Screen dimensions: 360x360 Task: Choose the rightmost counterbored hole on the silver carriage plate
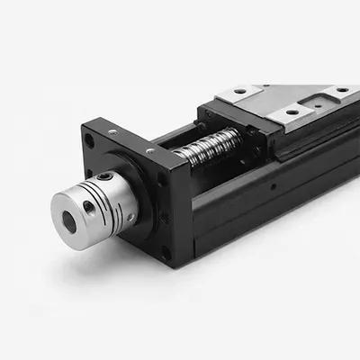[x=342, y=90]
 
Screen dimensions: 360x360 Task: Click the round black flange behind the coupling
[x=148, y=193]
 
